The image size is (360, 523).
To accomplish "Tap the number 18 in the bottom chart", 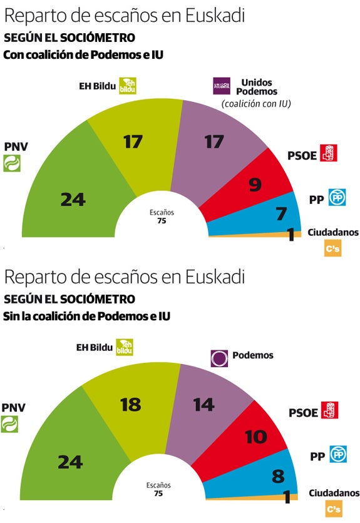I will pos(130,404).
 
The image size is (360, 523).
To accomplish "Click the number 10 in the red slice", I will pos(256,437).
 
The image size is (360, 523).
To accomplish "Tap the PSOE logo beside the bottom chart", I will pos(329,410).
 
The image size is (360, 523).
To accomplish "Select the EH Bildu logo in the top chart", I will pos(129,86).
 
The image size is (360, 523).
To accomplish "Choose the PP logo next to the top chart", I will pos(337,198).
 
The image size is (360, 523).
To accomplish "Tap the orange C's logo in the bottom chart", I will pos(333,510).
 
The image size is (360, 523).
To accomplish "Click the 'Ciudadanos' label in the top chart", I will pos(333,232).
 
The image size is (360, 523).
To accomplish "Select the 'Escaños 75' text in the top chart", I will pos(162,216).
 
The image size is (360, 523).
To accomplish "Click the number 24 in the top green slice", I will pos(73,200).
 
